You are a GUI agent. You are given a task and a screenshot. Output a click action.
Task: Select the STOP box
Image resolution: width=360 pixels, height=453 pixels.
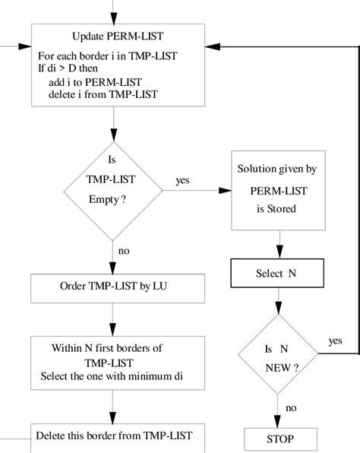279,439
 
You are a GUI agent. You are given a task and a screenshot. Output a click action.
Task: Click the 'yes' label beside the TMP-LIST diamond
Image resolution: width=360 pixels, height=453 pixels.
182,180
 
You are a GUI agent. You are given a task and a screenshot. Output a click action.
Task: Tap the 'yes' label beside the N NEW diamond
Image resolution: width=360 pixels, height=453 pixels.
335,341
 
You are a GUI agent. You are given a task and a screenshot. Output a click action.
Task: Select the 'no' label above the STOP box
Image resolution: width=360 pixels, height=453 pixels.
290,407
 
